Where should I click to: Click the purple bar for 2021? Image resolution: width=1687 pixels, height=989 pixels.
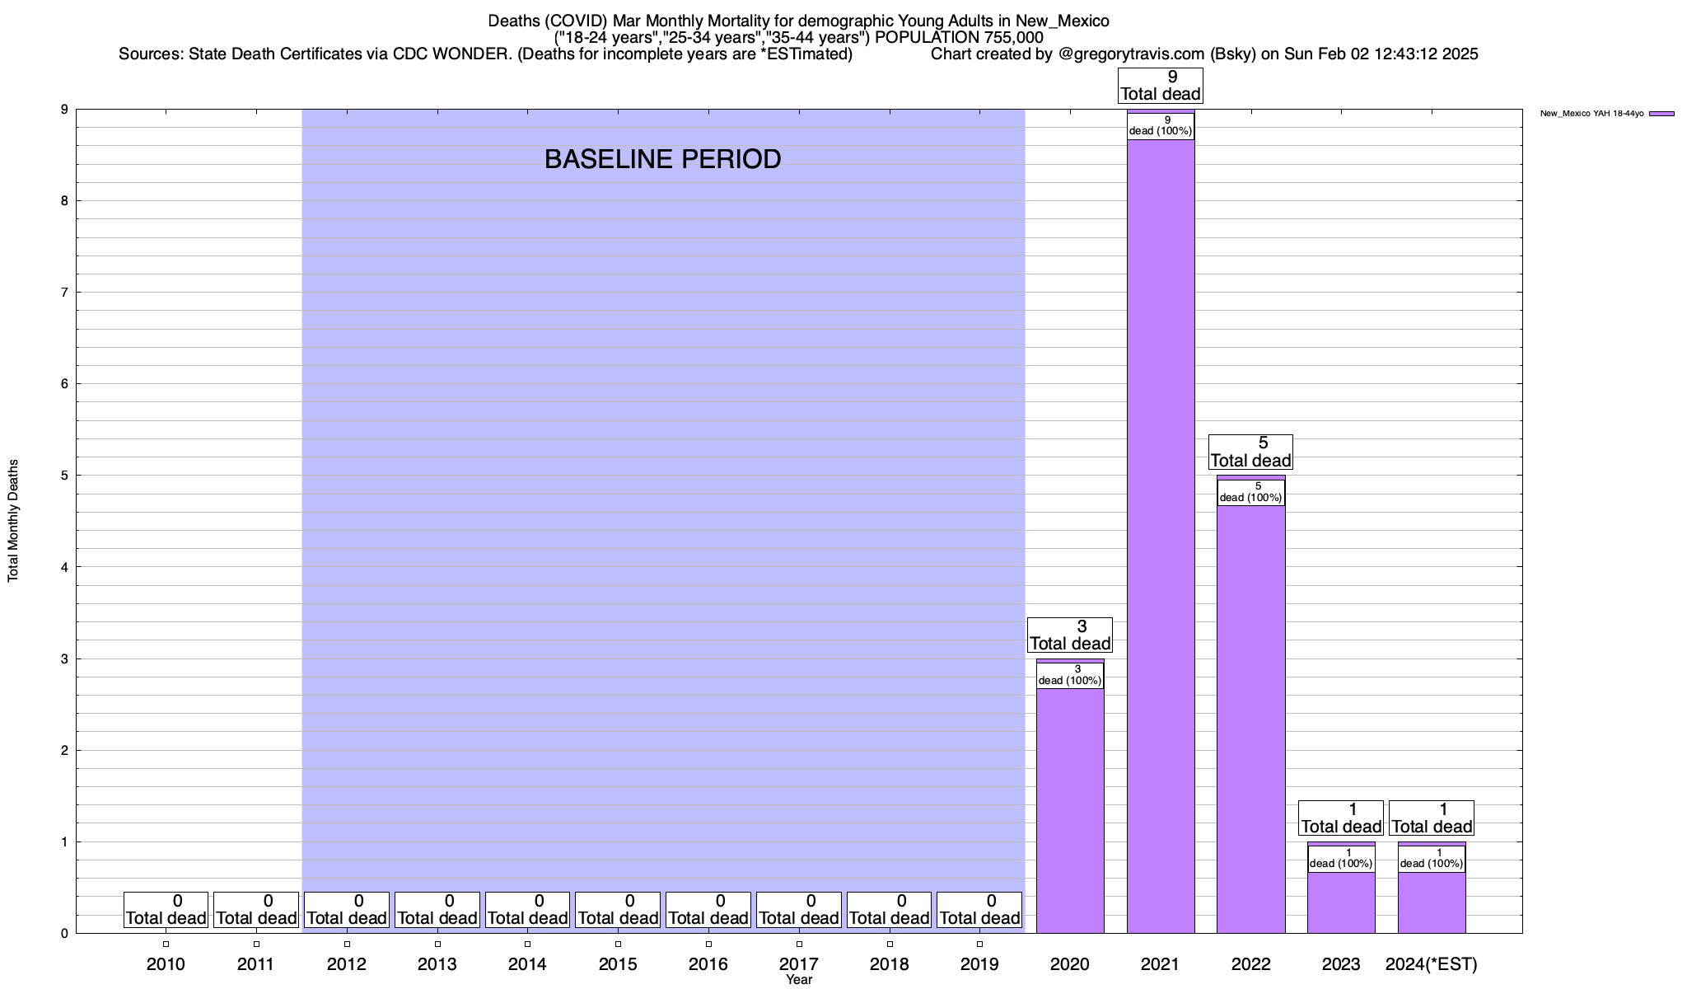(x=1160, y=536)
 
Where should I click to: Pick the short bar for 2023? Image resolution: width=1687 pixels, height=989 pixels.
(x=1341, y=903)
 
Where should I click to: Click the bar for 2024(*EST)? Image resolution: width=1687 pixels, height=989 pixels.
(x=1432, y=903)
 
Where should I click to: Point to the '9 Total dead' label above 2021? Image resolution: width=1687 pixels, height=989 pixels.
(x=1160, y=86)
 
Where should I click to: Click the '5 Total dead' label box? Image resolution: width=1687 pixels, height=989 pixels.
(x=1250, y=452)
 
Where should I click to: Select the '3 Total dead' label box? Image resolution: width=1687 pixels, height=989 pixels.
(x=1070, y=635)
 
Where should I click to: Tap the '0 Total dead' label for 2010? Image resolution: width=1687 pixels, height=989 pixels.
(x=166, y=910)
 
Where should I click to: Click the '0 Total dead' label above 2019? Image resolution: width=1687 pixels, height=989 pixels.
(x=979, y=910)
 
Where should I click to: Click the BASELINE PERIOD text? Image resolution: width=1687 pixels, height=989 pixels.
(x=662, y=159)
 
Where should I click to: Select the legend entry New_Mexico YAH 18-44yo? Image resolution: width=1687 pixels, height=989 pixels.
(x=1606, y=114)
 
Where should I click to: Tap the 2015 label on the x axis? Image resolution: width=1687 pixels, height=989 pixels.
(x=618, y=964)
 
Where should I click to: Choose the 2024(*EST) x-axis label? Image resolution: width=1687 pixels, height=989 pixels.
(x=1432, y=964)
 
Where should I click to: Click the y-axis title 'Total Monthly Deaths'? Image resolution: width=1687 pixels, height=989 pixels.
(x=13, y=521)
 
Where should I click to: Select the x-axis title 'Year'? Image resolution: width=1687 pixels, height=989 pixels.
(x=798, y=980)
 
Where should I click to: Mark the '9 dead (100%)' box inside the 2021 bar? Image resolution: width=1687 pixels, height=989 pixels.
(x=1160, y=126)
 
